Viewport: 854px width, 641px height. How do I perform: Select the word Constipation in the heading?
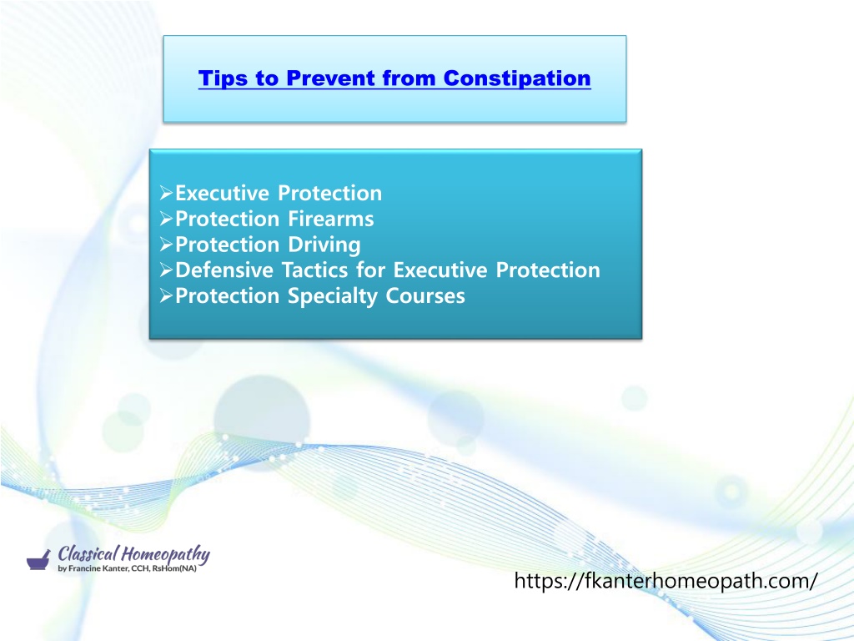[x=517, y=78]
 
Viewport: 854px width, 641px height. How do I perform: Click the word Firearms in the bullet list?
[x=330, y=219]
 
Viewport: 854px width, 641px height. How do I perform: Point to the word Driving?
[x=324, y=245]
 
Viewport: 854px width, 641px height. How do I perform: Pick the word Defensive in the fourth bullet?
[x=224, y=270]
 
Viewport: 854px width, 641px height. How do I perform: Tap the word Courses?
[x=425, y=296]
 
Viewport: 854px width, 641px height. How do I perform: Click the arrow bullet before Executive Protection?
[x=166, y=193]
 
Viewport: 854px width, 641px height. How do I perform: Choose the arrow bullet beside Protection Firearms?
[x=166, y=219]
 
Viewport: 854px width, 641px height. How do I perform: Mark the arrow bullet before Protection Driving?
[x=166, y=245]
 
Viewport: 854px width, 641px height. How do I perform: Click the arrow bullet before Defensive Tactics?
[x=166, y=270]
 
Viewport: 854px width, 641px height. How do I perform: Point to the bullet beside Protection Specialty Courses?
[x=166, y=295]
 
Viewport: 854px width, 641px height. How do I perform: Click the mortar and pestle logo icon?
[x=38, y=560]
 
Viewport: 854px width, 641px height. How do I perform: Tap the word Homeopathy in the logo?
[x=165, y=555]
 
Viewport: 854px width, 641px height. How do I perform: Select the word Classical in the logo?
[x=88, y=554]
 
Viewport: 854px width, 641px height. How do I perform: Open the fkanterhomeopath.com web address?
[x=666, y=581]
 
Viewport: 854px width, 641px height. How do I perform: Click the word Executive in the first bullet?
[x=222, y=193]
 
